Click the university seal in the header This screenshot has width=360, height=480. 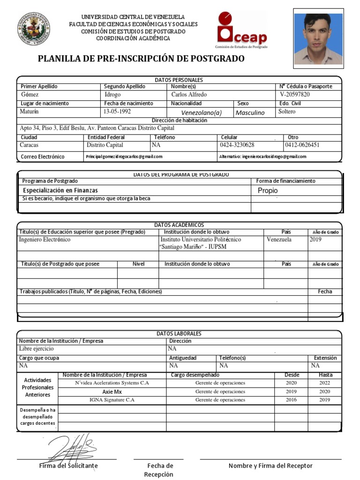[34, 29]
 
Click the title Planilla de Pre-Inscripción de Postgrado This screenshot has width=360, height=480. [141, 59]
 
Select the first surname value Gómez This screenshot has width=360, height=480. [30, 95]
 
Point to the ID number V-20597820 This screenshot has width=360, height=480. [294, 95]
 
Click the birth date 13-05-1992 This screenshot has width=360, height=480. [117, 112]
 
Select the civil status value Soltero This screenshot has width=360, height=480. [287, 112]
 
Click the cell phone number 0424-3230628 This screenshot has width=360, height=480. [237, 145]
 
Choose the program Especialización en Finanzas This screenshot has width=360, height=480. [60, 190]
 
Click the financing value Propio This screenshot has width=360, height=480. [268, 191]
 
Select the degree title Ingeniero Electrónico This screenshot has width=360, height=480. [45, 240]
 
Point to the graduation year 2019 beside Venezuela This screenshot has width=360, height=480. [315, 240]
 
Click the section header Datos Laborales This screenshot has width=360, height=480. [179, 333]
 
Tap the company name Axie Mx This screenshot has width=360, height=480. [112, 391]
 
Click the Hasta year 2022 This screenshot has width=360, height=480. [325, 383]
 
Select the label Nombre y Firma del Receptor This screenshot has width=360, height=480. [270, 465]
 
